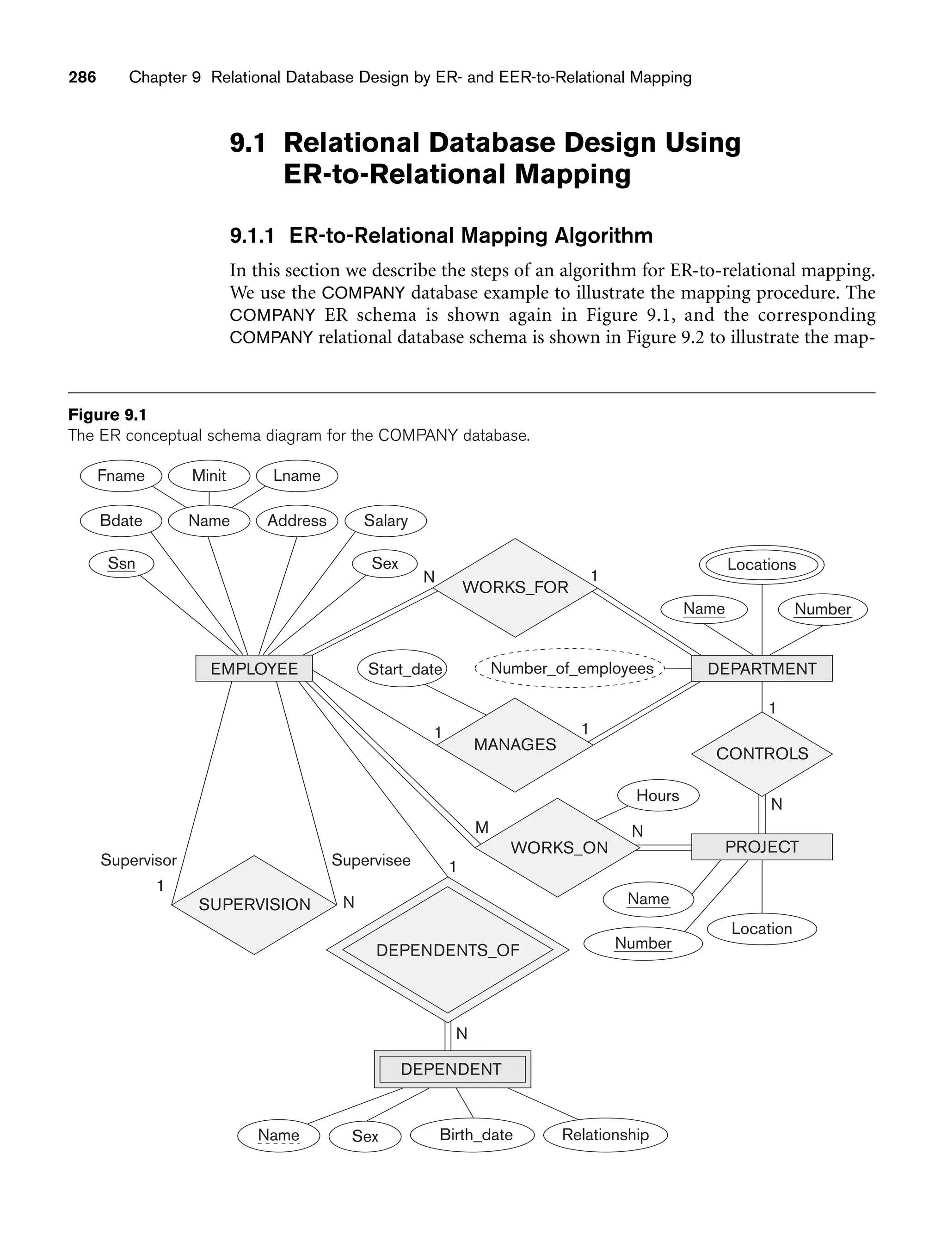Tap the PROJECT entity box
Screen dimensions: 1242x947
tap(762, 847)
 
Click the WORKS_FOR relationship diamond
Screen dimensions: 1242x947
tap(515, 587)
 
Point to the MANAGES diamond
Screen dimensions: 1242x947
tap(515, 745)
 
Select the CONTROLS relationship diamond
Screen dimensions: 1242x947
tap(762, 753)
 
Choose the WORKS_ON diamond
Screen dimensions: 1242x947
tap(558, 847)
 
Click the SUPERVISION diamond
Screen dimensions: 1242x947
tap(254, 904)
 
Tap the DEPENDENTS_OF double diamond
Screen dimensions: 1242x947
tap(447, 950)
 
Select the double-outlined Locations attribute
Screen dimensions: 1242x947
tap(762, 565)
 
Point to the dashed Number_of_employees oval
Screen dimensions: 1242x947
tap(571, 668)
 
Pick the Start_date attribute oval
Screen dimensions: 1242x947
tap(404, 669)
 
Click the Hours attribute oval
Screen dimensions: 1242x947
tap(658, 795)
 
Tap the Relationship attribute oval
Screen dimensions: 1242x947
tap(605, 1135)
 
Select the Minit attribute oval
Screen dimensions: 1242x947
tap(209, 476)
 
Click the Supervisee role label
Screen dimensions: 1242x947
tap(371, 860)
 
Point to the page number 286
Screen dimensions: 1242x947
tap(82, 77)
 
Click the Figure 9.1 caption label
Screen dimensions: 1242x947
tap(107, 415)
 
